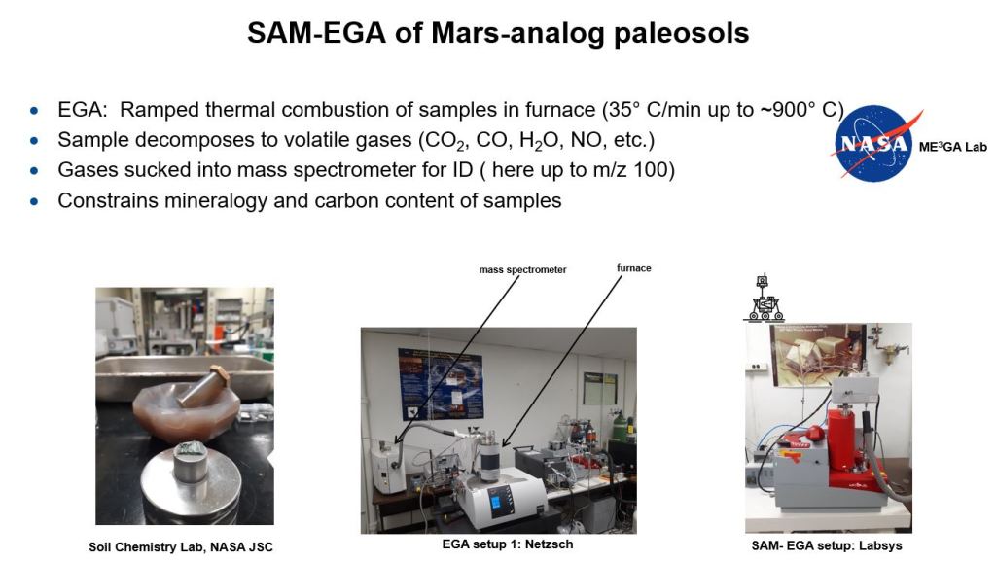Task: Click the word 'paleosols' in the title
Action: pos(681,33)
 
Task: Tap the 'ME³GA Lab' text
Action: pos(953,148)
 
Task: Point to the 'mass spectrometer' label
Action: pos(522,270)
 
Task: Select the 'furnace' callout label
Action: pos(633,268)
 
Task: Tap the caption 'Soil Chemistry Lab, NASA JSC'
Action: pos(180,546)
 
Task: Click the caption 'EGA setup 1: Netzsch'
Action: pos(508,544)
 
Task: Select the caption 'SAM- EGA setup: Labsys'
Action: pos(827,545)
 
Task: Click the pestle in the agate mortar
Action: pos(203,387)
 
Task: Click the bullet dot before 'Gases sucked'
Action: pos(34,171)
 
